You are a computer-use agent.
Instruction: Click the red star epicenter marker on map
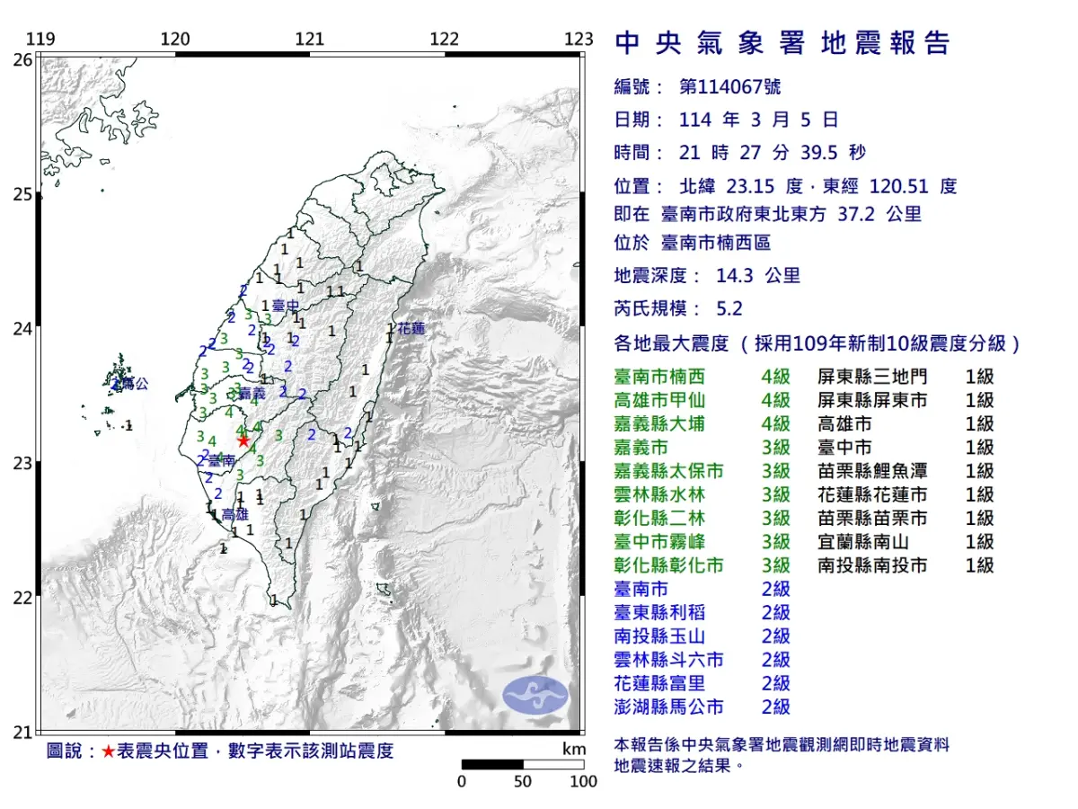point(243,440)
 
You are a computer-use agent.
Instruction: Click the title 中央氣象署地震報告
point(782,43)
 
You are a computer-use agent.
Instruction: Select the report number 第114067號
point(729,86)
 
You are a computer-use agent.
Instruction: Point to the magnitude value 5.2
point(729,308)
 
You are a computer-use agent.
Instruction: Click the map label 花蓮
point(411,329)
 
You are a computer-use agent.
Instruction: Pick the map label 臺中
point(285,307)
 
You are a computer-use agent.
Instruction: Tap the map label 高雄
point(234,514)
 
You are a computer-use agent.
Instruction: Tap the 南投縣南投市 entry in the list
point(872,565)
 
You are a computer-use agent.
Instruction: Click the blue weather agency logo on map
point(535,695)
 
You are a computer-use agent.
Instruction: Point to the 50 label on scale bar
point(523,781)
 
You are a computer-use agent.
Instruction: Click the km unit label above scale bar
point(574,749)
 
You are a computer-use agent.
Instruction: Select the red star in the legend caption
point(108,751)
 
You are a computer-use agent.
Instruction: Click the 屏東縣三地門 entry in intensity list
point(872,377)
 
